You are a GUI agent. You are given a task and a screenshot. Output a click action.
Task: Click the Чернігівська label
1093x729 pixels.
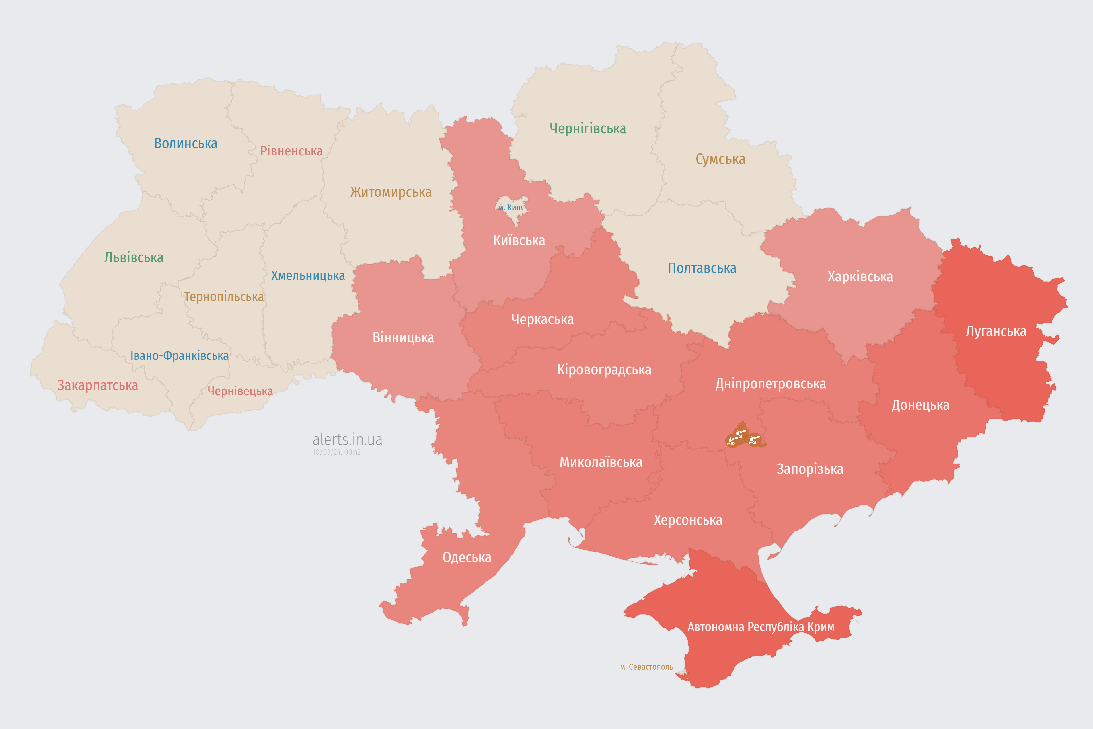587,128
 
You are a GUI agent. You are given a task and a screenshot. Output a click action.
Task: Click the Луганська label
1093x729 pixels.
996,331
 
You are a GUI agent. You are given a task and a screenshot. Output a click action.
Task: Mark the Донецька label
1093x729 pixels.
920,406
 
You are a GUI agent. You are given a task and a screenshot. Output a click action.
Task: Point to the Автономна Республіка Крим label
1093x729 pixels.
761,627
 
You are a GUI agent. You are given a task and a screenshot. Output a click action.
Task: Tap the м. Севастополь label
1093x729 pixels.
646,667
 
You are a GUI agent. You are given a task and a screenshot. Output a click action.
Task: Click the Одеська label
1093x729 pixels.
467,558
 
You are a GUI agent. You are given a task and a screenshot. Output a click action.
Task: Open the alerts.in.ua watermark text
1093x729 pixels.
347,439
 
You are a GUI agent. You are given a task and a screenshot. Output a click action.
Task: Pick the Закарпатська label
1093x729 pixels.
98,385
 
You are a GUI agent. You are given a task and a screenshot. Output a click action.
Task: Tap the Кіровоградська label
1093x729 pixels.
604,370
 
